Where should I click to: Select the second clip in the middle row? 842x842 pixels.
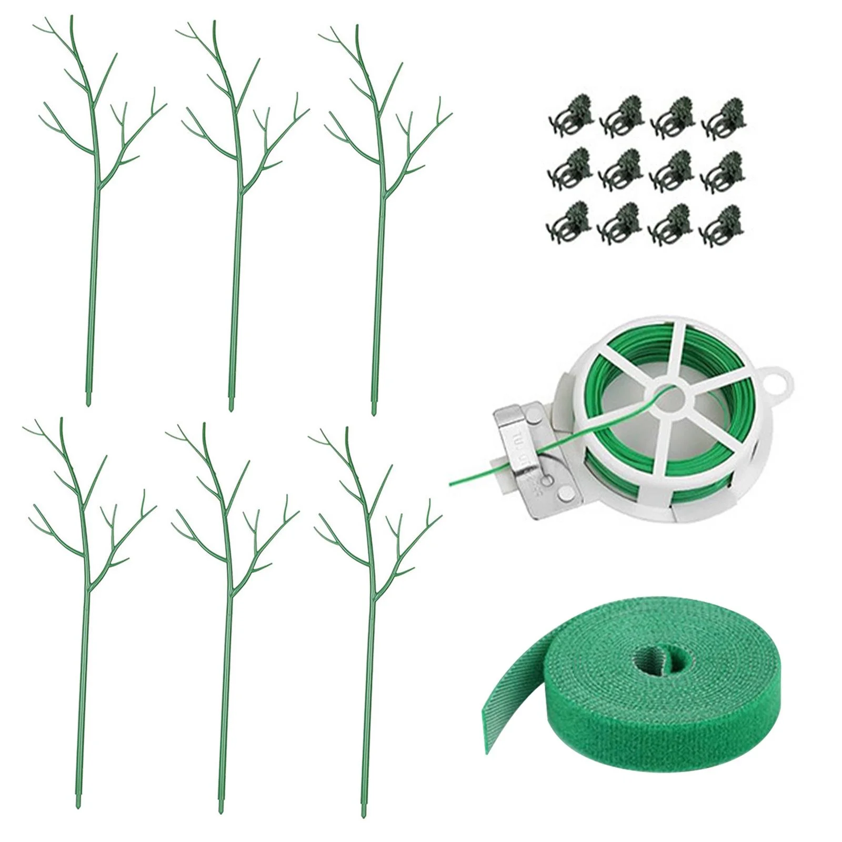[x=620, y=167]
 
